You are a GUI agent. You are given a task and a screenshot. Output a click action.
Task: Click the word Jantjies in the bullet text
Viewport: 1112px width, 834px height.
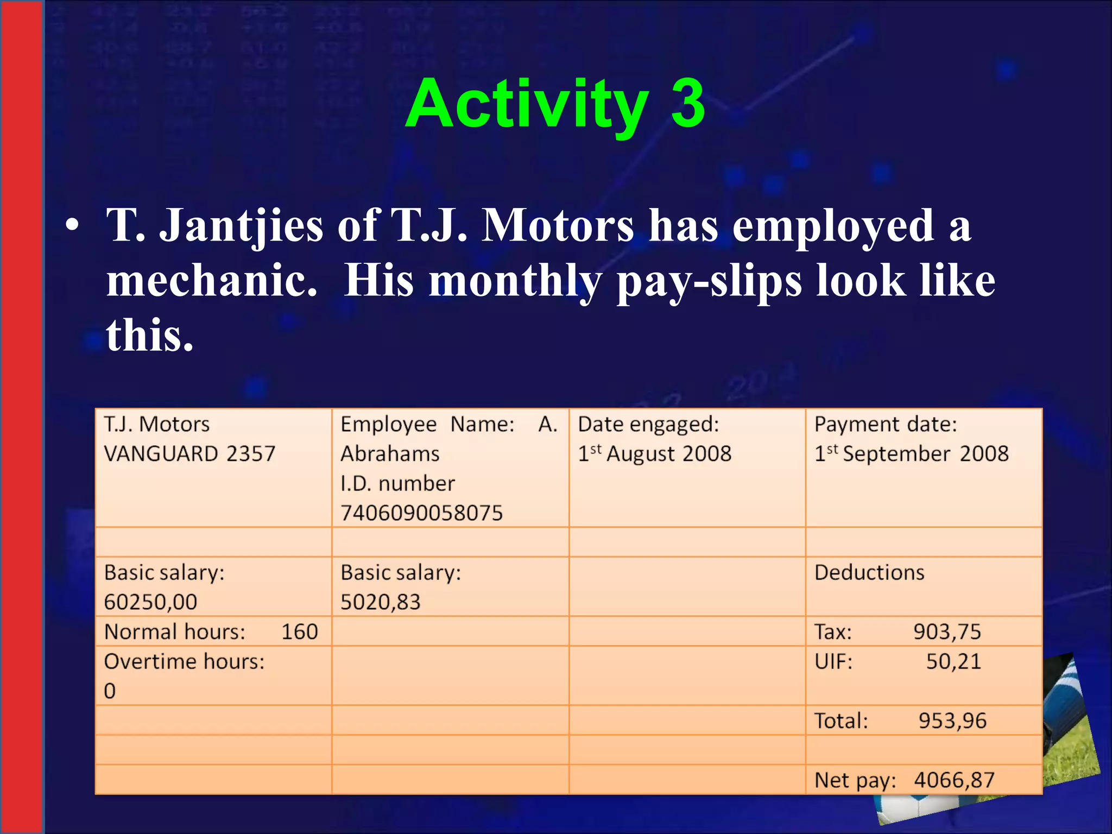[x=242, y=225]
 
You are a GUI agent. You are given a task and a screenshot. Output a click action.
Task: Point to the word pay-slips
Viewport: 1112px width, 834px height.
[x=709, y=282]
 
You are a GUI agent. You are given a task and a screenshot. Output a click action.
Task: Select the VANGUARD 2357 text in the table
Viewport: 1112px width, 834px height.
[x=189, y=454]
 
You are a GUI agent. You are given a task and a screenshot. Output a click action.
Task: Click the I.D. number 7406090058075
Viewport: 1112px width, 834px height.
[x=421, y=513]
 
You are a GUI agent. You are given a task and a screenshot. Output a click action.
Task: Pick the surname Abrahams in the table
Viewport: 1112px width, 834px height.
[x=390, y=454]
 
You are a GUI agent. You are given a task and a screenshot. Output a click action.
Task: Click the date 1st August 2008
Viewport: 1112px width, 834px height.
[x=654, y=454]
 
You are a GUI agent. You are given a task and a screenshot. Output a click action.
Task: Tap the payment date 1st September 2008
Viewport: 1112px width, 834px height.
[x=911, y=454]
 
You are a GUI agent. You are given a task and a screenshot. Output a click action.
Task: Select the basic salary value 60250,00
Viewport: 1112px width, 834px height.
[x=150, y=602]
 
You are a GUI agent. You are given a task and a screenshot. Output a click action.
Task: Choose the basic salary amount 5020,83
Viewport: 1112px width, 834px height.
[x=380, y=602]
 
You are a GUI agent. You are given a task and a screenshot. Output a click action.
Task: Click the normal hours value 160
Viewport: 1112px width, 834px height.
[x=299, y=632]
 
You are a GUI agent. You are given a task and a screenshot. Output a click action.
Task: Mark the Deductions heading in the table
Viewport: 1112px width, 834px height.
[x=869, y=573]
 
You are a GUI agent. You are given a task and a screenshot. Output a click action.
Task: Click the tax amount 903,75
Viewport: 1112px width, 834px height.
[x=947, y=632]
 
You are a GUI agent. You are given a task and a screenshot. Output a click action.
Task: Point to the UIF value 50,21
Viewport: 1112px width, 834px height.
[x=953, y=662]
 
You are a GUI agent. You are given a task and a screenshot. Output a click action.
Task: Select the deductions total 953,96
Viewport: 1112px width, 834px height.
[x=952, y=721]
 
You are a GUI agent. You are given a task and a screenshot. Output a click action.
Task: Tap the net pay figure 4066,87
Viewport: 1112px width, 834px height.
[x=954, y=780]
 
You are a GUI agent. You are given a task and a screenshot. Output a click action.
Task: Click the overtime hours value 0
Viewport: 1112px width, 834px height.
[x=110, y=691]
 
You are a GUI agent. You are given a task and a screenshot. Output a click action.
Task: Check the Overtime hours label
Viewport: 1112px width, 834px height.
[x=184, y=662]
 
